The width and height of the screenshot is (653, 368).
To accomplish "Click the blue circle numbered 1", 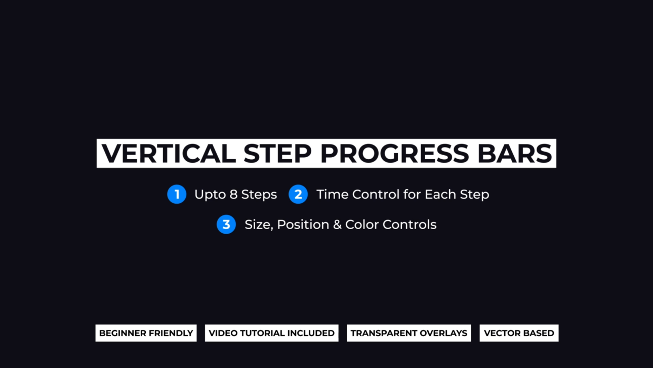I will pyautogui.click(x=177, y=194).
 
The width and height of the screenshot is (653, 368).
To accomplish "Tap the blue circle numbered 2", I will pyautogui.click(x=298, y=194).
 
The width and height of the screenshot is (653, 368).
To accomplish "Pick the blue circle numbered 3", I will pyautogui.click(x=226, y=225).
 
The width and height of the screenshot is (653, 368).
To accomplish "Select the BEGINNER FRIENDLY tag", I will pyautogui.click(x=146, y=333).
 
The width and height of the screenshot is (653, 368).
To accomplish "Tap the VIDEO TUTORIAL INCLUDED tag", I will pyautogui.click(x=271, y=333).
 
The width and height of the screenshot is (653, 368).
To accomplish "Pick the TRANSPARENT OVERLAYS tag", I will pyautogui.click(x=409, y=333).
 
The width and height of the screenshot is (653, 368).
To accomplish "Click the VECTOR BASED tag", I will pyautogui.click(x=519, y=333).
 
